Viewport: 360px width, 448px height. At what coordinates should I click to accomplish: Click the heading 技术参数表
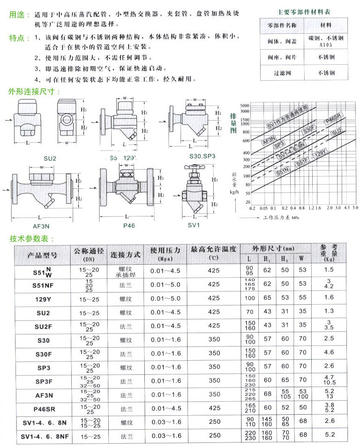(x=29, y=239)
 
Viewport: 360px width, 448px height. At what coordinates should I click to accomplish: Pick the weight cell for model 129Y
(x=329, y=297)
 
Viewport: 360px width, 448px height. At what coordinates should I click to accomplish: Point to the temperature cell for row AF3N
(x=214, y=395)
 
